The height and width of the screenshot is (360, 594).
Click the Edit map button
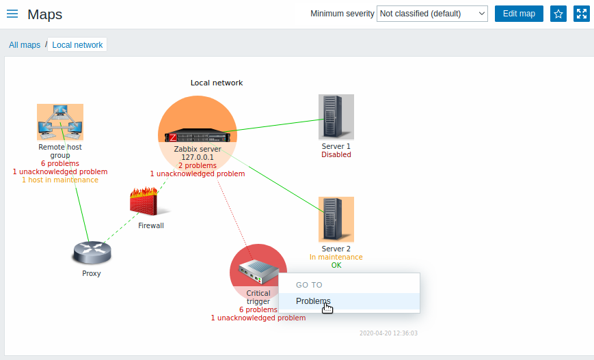(519, 14)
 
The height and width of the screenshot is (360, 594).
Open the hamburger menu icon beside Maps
(12, 14)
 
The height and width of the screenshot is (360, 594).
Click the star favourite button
(558, 14)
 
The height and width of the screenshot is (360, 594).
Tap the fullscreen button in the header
(582, 14)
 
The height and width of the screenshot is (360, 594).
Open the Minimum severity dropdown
(431, 14)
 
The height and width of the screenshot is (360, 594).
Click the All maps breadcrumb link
(25, 45)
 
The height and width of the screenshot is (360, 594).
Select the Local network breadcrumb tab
(77, 45)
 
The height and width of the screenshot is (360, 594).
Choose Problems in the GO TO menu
(313, 301)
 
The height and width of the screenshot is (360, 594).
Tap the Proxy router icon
(91, 253)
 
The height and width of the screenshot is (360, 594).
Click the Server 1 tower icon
(336, 117)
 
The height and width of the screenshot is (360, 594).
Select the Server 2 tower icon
(336, 219)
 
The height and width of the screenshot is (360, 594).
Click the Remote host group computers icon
(60, 122)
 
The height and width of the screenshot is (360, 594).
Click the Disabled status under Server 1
(336, 154)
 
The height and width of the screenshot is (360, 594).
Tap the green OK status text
(336, 265)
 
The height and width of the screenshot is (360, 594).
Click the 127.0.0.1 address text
(198, 157)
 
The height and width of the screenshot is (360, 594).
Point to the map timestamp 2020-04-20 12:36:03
(388, 333)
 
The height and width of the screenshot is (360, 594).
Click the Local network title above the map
(217, 83)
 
